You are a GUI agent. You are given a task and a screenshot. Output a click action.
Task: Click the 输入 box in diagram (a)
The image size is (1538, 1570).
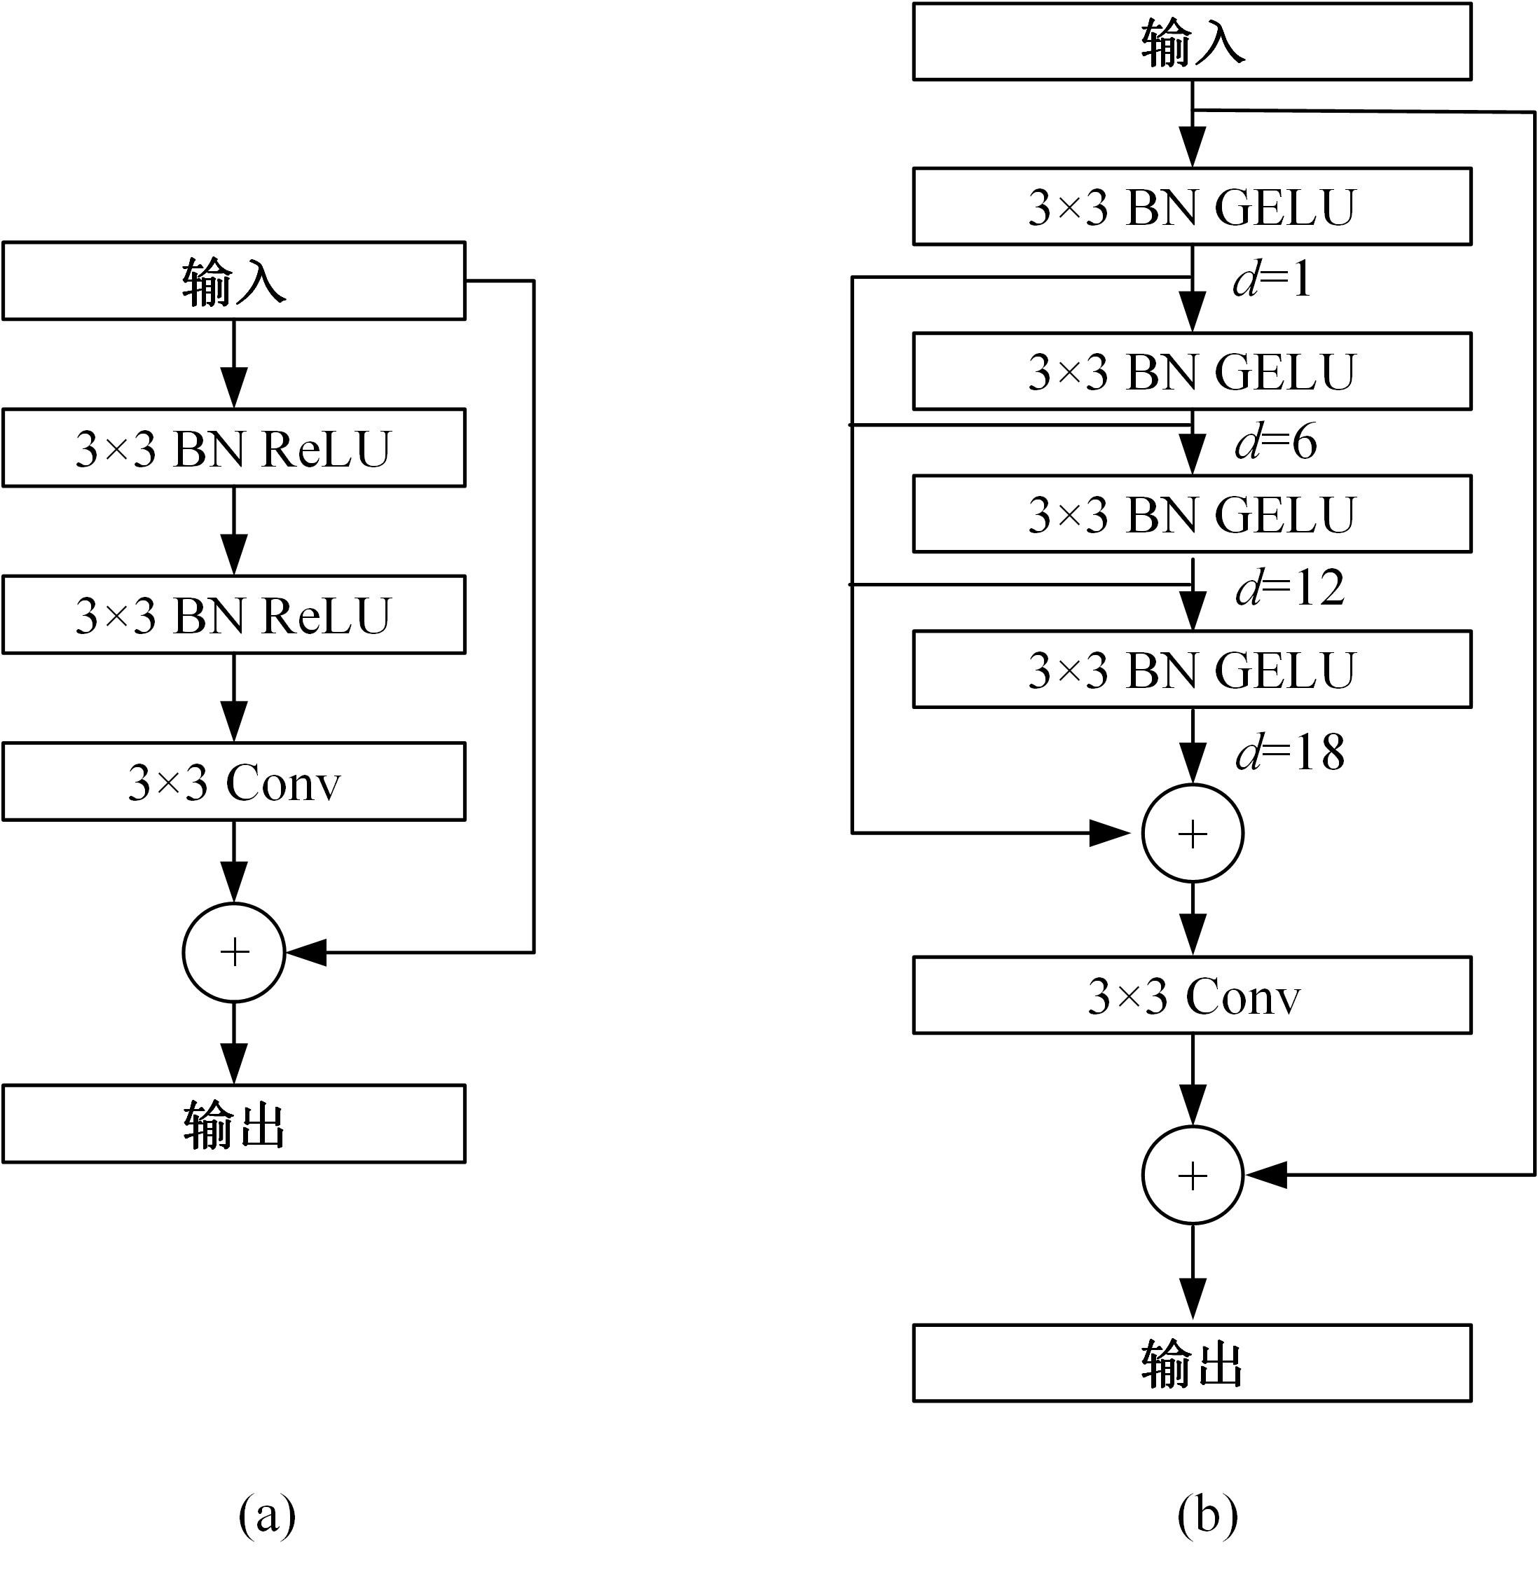pyautogui.click(x=233, y=281)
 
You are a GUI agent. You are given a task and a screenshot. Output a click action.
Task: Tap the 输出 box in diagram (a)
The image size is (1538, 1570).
pyautogui.click(x=233, y=1124)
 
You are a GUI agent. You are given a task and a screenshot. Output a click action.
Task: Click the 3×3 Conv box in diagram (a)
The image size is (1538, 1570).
pyautogui.click(x=233, y=782)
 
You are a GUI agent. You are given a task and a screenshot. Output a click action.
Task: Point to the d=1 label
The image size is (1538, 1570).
pyautogui.click(x=1272, y=280)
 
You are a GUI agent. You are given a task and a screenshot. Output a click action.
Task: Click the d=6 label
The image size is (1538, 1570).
pyautogui.click(x=1275, y=443)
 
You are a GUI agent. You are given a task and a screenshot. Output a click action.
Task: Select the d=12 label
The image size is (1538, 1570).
pyautogui.click(x=1289, y=588)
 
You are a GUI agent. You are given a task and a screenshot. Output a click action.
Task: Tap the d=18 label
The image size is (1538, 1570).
pyautogui.click(x=1289, y=752)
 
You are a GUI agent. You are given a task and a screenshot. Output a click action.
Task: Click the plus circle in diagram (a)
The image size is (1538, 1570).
pyautogui.click(x=234, y=953)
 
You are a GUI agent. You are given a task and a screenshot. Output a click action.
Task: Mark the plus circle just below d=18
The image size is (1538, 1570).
pyautogui.click(x=1193, y=834)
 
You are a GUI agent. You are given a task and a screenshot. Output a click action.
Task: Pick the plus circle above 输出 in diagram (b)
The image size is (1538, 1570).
pyautogui.click(x=1193, y=1175)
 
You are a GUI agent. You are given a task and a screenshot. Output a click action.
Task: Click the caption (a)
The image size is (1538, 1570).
pyautogui.click(x=266, y=1515)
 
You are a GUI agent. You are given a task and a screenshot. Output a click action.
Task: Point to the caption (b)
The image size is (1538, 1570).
pyautogui.click(x=1207, y=1515)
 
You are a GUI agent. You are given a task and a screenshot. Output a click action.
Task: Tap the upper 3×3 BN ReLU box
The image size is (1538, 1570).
pyautogui.click(x=233, y=448)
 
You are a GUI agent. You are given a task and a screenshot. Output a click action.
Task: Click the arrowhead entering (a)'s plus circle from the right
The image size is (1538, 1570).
pyautogui.click(x=307, y=953)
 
